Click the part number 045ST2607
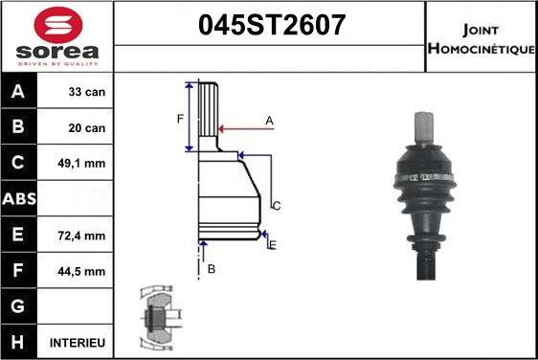tap(272, 25)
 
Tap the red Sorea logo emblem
tap(58, 25)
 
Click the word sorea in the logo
tap(57, 52)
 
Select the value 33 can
tap(87, 92)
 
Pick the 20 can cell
tap(87, 128)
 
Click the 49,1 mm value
tap(81, 164)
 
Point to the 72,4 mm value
tap(81, 236)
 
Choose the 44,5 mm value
tap(81, 272)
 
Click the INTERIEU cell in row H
tap(78, 343)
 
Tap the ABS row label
tap(19, 199)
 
